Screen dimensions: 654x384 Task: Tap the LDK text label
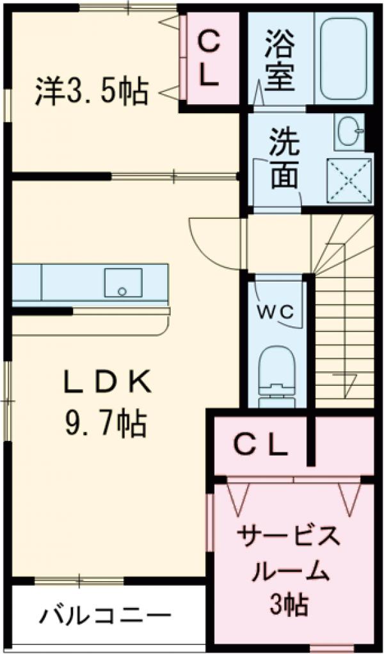[107, 383]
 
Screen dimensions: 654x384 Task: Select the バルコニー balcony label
[106, 617]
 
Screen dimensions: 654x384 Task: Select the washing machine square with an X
[349, 180]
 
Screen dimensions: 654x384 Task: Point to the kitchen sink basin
[123, 283]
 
